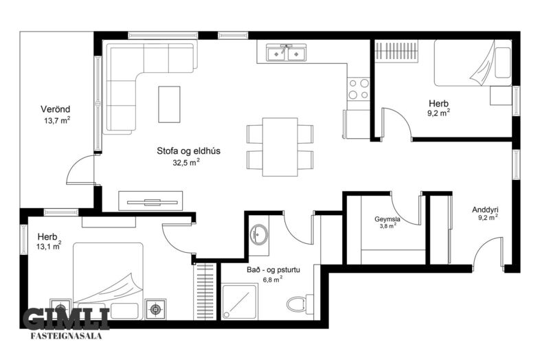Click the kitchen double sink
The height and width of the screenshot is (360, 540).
point(284,53)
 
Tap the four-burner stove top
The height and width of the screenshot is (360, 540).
point(359,89)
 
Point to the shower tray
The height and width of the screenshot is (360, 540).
point(239,302)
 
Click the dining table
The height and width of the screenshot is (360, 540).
point(280,147)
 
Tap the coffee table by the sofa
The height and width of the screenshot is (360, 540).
point(169,104)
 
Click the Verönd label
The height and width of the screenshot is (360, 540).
point(56,109)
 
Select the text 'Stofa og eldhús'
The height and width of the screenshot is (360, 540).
point(189,151)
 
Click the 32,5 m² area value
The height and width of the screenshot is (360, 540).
point(186,163)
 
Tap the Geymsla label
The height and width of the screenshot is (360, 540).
point(387,219)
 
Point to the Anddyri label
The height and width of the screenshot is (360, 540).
point(485,210)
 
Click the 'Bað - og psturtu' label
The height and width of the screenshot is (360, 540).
point(273,269)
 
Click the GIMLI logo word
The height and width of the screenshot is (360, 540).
point(67,318)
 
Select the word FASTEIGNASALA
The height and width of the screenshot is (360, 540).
point(67,336)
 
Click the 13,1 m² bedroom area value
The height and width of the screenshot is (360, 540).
point(49,246)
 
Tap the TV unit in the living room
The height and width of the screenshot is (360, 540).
point(150,201)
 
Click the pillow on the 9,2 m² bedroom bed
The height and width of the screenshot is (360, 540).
point(503,63)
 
